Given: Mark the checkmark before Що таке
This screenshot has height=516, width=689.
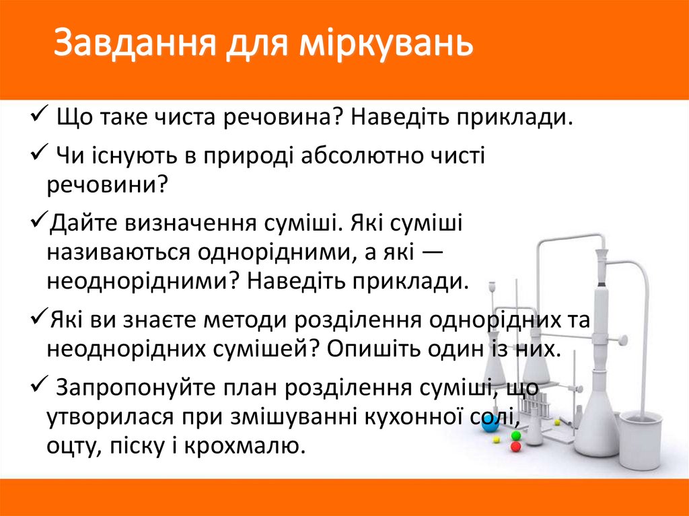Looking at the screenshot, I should (x=38, y=112).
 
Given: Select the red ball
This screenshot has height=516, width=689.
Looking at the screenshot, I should (x=515, y=446).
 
